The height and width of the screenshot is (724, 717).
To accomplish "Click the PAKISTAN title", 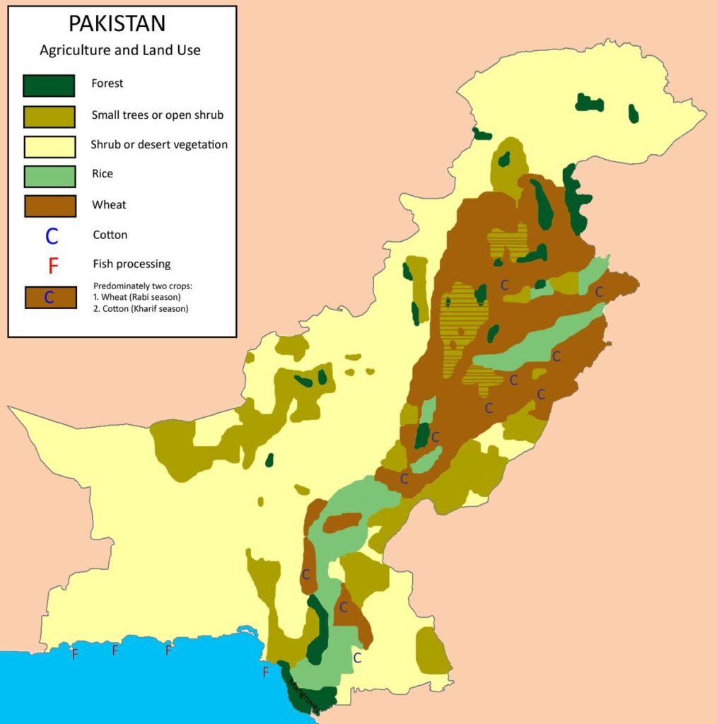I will [117, 23].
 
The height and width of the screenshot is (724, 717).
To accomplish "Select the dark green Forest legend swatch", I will [49, 86].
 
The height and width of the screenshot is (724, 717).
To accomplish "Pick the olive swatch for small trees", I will [49, 116].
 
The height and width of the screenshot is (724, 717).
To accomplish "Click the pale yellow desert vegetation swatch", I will [49, 146].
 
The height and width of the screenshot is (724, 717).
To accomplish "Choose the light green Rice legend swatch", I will [49, 176].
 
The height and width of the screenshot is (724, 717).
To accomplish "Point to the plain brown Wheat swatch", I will [49, 206].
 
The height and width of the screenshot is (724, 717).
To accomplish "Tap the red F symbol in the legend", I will [52, 266].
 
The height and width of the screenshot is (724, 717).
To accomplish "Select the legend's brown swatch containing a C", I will [49, 297].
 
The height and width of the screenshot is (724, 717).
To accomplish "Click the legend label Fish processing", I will [132, 264].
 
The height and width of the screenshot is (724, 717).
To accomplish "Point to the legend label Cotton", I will [110, 235].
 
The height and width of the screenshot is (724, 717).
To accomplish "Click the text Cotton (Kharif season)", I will [144, 308].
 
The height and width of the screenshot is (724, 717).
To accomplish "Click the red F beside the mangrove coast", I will [266, 672].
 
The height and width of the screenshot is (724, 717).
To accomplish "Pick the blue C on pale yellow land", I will [357, 658].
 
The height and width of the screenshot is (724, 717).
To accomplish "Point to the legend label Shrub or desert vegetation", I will [159, 145].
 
